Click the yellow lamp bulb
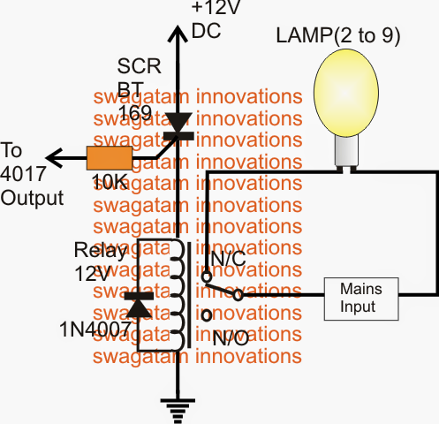pos(342,97)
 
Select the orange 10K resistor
pos(110,159)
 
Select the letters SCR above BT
pos(135,67)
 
